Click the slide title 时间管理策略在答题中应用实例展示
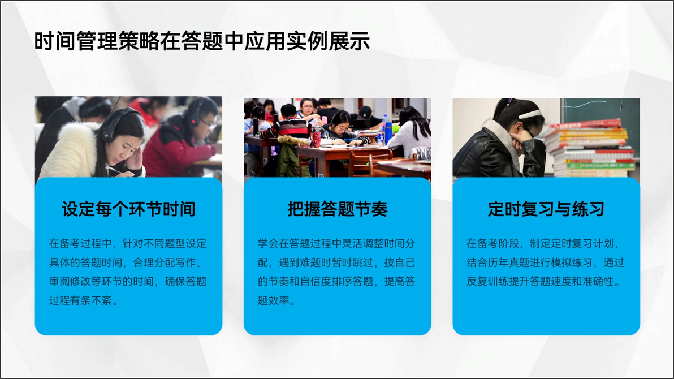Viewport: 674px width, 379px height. tap(202, 41)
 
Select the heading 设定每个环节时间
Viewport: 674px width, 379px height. tap(128, 209)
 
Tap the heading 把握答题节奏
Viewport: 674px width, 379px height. tap(338, 209)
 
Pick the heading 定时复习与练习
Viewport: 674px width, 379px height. tap(546, 209)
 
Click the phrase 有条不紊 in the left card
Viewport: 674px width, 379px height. tap(91, 300)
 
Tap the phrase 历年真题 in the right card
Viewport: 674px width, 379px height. tap(508, 262)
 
